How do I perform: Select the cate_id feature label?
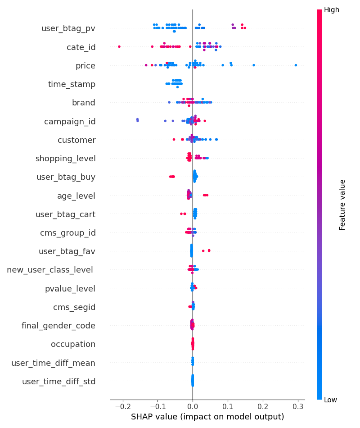81,47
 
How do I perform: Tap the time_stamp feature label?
72,84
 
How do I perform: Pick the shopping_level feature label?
65,158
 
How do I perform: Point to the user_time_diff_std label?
58,382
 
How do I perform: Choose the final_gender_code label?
58,325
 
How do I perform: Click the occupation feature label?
73,344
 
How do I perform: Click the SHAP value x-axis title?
207,417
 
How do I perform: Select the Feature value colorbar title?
343,205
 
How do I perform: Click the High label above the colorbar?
332,9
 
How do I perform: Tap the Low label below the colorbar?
331,400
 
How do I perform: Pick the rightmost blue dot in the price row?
296,65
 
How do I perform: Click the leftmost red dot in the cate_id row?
119,46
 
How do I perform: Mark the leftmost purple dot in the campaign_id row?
137,119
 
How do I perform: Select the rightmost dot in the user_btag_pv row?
245,28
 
